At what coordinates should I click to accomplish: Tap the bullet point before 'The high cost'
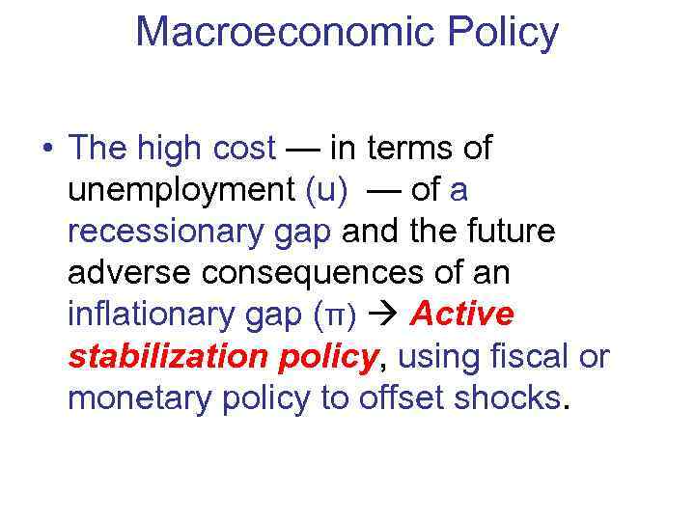click(45, 150)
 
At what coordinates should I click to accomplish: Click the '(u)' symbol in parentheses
click(325, 190)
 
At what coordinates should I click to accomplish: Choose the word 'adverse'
click(129, 273)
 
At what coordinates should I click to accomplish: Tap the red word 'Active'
click(462, 315)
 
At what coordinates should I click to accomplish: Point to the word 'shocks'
click(506, 398)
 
